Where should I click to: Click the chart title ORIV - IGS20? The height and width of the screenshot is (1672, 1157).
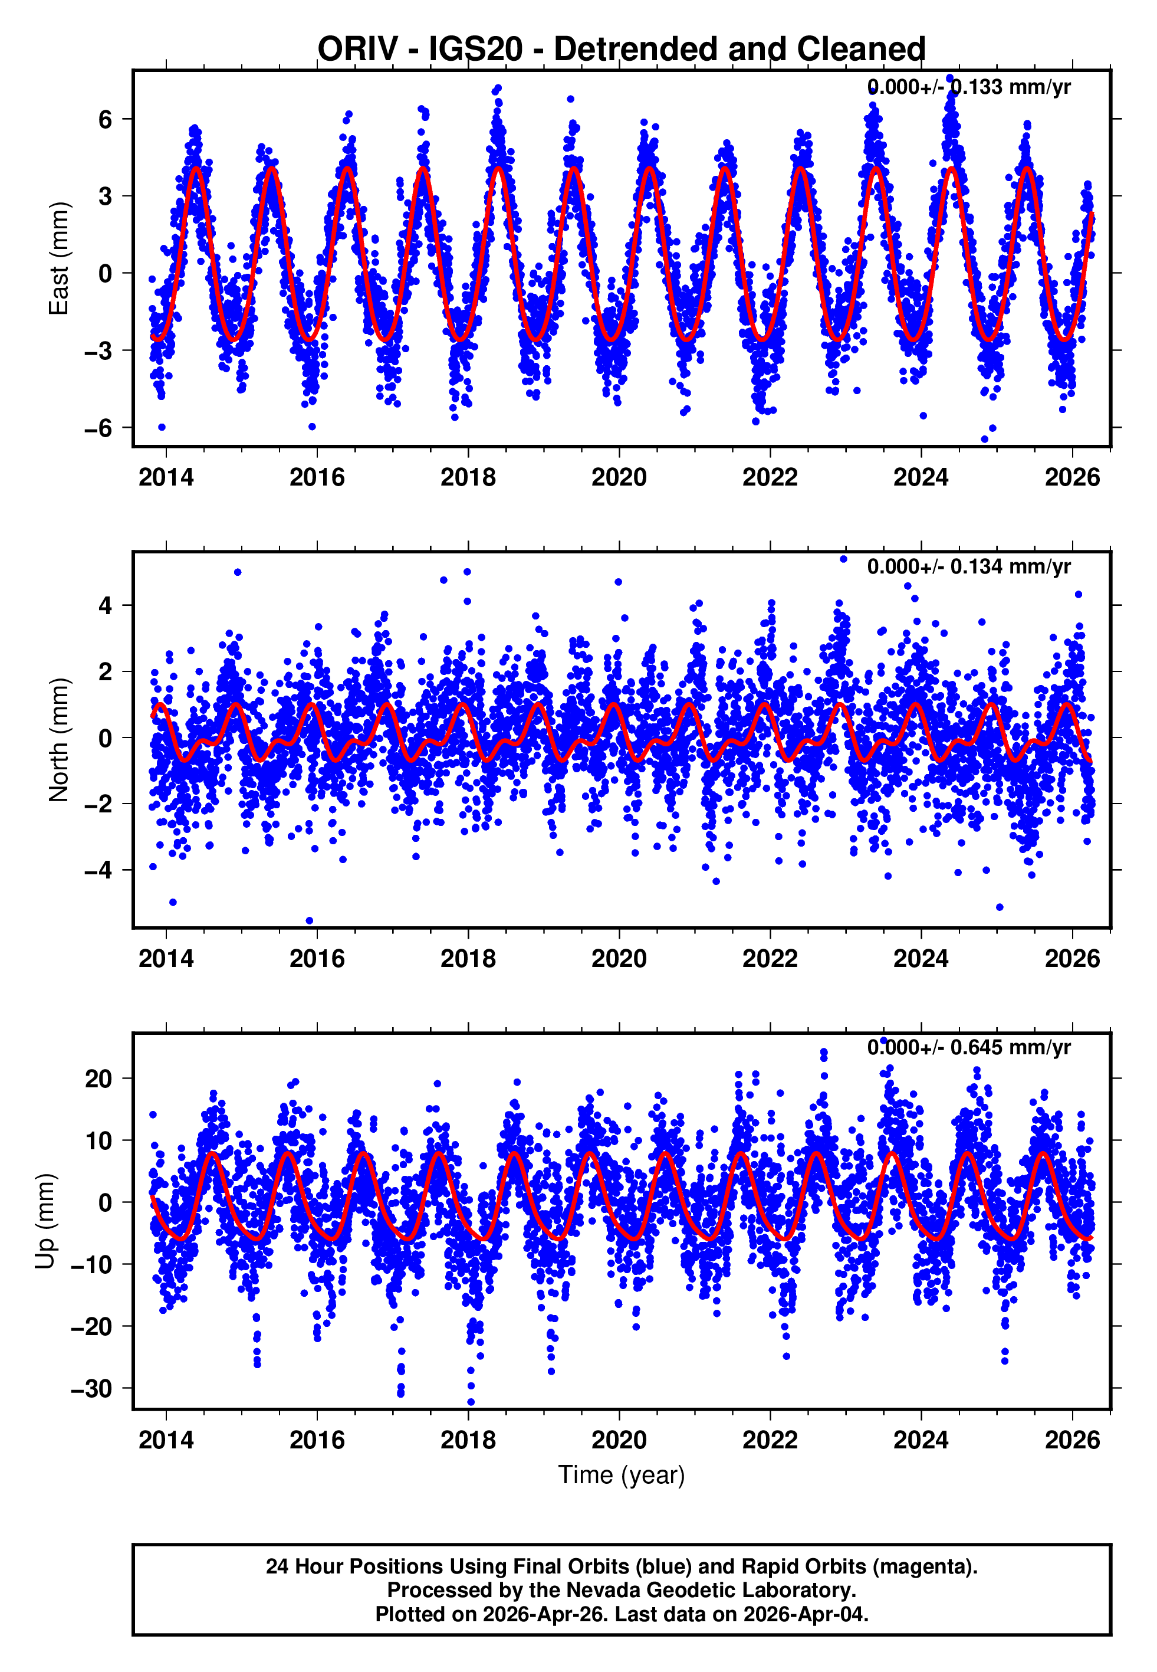[622, 48]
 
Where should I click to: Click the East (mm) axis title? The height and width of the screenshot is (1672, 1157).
[58, 259]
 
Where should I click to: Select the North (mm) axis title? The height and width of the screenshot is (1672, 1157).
[58, 740]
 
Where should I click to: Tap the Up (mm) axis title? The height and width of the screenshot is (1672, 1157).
[45, 1221]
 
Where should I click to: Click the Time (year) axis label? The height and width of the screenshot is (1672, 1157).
[622, 1475]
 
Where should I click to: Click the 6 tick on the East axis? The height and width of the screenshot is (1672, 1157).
[106, 119]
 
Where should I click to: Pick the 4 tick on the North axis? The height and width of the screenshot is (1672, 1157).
[106, 605]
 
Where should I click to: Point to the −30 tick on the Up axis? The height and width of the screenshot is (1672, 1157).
[91, 1388]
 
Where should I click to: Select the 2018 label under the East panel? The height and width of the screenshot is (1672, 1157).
[468, 477]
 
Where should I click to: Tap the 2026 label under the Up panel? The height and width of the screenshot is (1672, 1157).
[1071, 1440]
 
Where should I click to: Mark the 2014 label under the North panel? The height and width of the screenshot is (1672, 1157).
[166, 959]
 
